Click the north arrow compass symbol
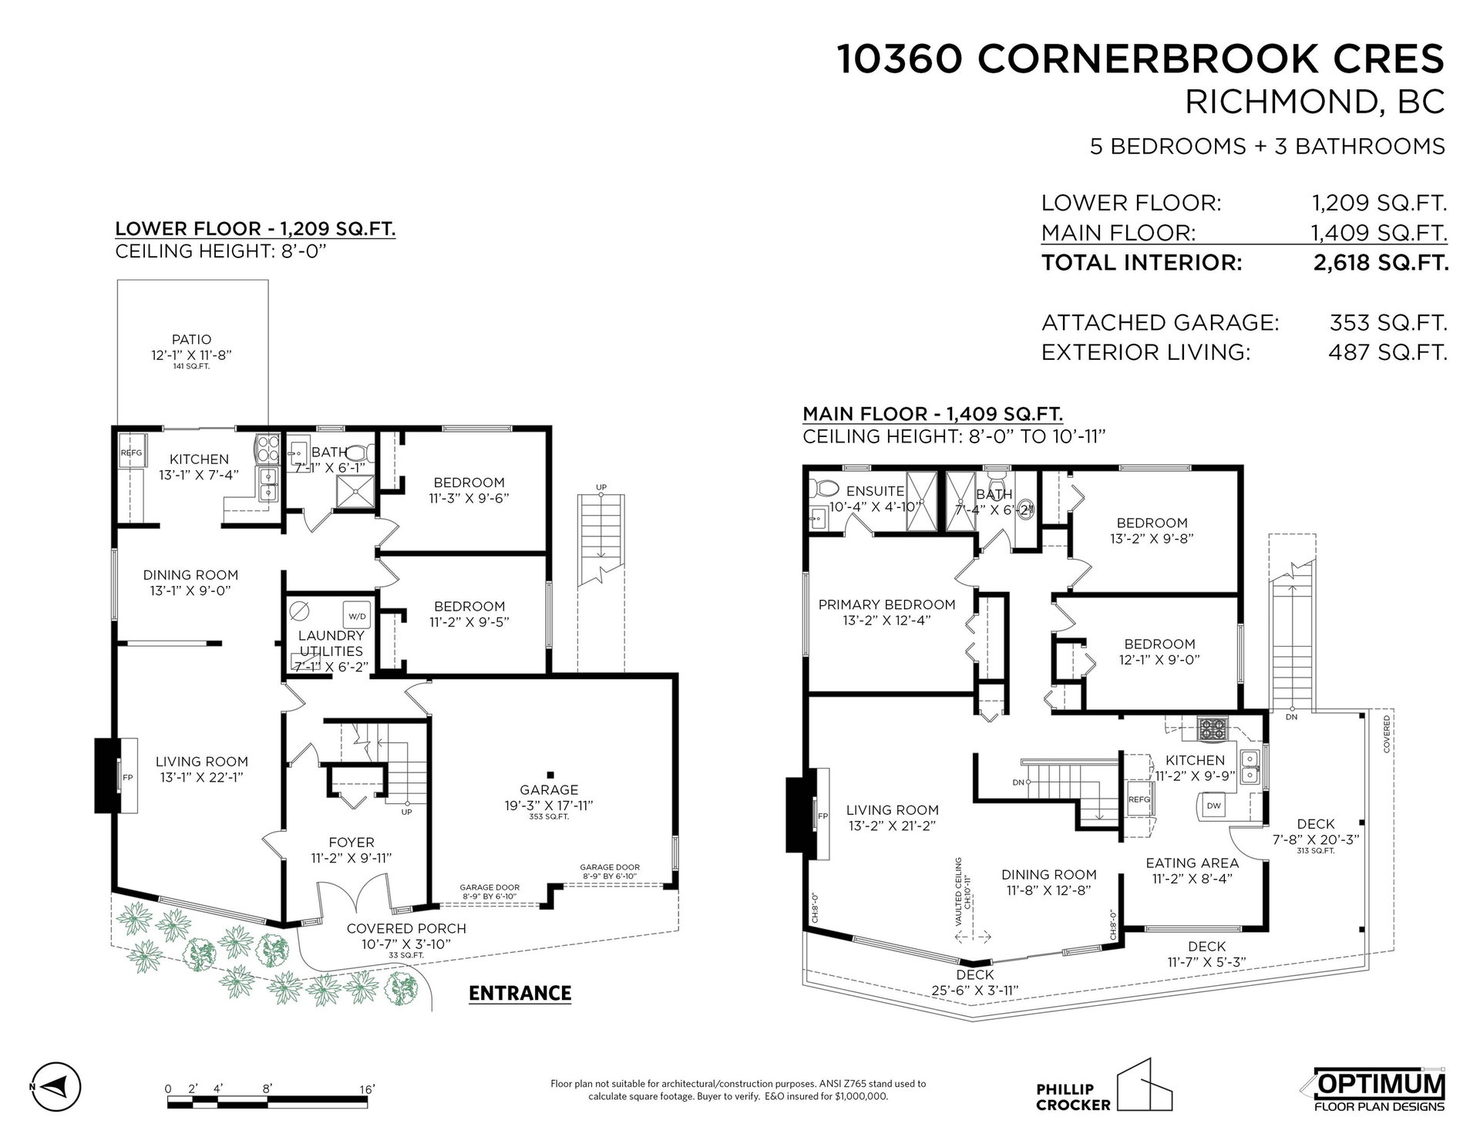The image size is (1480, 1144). tap(55, 1086)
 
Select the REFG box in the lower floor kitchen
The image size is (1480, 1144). tap(131, 453)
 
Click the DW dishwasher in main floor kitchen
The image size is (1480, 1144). tap(1213, 806)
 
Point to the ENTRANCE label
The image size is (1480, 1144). tap(520, 993)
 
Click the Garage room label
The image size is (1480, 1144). tap(549, 789)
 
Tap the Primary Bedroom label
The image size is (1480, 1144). tap(886, 604)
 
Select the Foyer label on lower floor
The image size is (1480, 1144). tap(351, 843)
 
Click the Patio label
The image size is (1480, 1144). tap(192, 339)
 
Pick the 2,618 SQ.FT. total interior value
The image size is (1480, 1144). tap(1381, 263)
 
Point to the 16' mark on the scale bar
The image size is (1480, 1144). tap(367, 1088)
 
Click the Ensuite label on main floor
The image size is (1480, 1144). tap(875, 491)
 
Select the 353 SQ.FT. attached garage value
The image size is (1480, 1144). tap(1388, 322)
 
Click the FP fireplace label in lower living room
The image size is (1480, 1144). tap(127, 777)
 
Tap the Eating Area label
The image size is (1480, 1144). tap(1192, 863)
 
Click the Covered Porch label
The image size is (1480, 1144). tap(406, 928)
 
